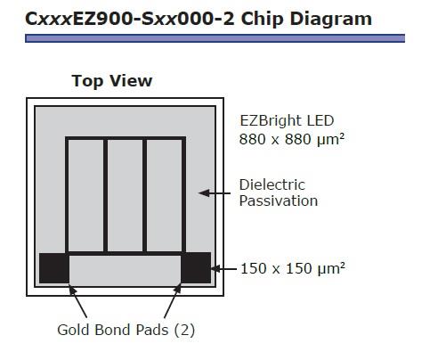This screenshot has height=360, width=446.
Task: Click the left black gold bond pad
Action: [x=54, y=268]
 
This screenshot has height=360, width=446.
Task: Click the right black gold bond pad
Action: [x=196, y=268]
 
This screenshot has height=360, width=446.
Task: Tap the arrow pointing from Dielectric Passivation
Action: [x=215, y=193]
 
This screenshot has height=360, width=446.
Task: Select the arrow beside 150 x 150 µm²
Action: [x=224, y=269]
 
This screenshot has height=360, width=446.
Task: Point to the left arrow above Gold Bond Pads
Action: [x=77, y=301]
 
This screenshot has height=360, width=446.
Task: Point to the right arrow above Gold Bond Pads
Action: [x=173, y=301]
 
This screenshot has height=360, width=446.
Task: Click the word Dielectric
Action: [x=272, y=184]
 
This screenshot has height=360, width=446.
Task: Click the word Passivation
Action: [x=279, y=200]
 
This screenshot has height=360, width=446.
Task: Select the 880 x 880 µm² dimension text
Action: [x=292, y=139]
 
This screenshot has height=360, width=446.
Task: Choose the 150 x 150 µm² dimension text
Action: [x=293, y=268]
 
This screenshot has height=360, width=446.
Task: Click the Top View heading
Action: [x=112, y=81]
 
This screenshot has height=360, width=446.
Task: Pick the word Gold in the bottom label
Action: [x=74, y=330]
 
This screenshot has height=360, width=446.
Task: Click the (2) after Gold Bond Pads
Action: [x=184, y=330]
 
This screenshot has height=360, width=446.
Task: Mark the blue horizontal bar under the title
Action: [x=215, y=38]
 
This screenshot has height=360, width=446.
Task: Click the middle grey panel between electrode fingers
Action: [x=125, y=195]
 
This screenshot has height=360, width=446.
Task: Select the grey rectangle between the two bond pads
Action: [x=125, y=269]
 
